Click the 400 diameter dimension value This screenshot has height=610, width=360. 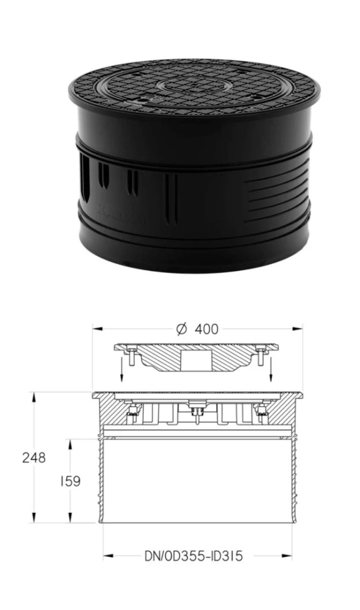point(206,329)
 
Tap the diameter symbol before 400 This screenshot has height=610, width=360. point(182,329)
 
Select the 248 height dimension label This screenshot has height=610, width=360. point(34,458)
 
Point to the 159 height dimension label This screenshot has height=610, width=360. point(70,481)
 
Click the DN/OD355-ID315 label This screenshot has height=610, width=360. point(193,556)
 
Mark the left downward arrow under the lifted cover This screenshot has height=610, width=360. point(121,368)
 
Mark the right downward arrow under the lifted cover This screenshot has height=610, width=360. point(271,368)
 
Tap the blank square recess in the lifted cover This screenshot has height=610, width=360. point(196,362)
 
